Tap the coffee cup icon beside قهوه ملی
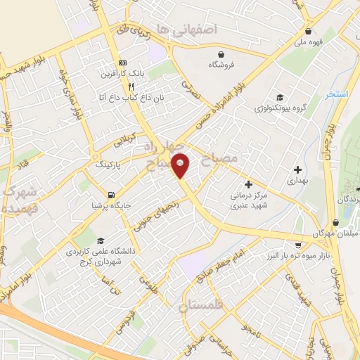coord(308,32)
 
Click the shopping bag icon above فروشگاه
coord(222,54)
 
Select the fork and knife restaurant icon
coord(131,86)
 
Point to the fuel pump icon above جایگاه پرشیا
coord(111,195)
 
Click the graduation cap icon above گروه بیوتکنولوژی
coord(280,98)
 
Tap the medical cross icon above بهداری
coord(298,169)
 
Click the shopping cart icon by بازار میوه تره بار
coord(298,245)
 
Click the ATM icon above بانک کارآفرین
coord(124,62)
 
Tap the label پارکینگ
coord(108,164)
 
